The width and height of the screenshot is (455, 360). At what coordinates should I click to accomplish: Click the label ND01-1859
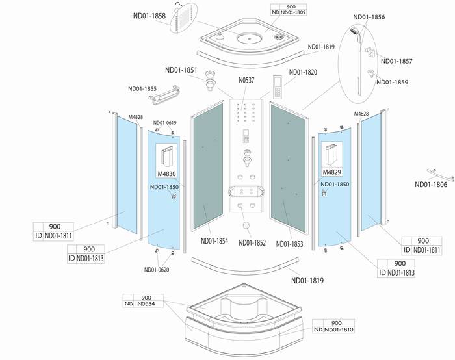click(393, 82)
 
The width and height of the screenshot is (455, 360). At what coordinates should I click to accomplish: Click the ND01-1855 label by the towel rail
click(142, 89)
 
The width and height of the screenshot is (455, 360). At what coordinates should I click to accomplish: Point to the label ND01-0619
click(164, 123)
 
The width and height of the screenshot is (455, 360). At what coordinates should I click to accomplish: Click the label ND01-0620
click(157, 270)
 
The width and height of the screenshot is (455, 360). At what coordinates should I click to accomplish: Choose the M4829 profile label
click(332, 172)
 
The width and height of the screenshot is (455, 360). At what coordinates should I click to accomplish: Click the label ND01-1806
click(431, 185)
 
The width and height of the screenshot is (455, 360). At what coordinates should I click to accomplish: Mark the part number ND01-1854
click(214, 241)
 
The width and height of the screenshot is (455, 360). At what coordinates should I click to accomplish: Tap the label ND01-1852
click(253, 243)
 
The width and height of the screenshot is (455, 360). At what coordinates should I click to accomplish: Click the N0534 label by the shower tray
click(149, 302)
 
